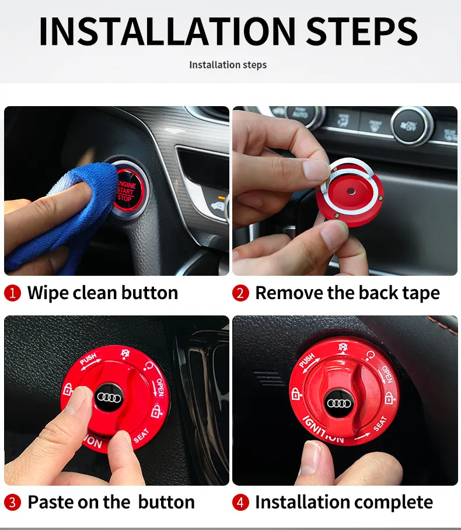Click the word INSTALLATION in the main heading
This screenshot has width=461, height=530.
click(167, 31)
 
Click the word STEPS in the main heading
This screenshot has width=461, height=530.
click(362, 31)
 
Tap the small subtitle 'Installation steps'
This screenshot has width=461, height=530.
click(228, 65)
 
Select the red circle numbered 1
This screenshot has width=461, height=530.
click(12, 293)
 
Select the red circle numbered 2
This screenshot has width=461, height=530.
click(240, 293)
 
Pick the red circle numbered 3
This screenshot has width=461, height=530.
click(12, 502)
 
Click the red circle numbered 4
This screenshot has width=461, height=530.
click(240, 502)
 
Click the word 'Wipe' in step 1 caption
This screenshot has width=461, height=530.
click(48, 293)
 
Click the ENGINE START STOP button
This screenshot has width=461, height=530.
click(128, 191)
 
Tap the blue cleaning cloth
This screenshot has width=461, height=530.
click(61, 216)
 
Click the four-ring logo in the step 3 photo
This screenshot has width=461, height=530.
click(109, 398)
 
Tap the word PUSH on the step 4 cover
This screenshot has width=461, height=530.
click(307, 361)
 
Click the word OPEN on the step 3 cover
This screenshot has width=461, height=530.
click(160, 387)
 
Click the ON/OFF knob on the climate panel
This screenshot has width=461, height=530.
click(411, 126)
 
